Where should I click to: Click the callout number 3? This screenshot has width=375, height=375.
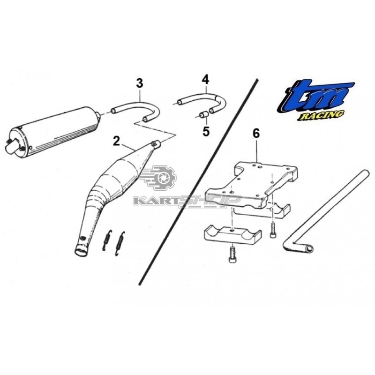[x=139, y=83]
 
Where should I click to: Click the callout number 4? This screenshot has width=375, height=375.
[x=205, y=80]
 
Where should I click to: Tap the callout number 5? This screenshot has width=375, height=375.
[x=206, y=131]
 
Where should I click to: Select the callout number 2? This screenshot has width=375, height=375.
[x=116, y=142]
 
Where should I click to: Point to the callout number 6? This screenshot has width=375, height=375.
[x=256, y=134]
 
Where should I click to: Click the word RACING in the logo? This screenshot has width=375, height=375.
[x=321, y=115]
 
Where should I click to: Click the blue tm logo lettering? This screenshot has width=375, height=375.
[x=315, y=97]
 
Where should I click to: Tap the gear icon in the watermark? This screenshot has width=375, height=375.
[x=164, y=178]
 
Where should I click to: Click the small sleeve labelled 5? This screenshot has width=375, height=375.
[x=204, y=115]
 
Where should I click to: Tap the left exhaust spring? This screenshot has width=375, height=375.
[x=107, y=240]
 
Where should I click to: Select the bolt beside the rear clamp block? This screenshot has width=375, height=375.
[x=273, y=230]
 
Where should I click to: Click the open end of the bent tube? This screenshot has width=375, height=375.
[x=309, y=249]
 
